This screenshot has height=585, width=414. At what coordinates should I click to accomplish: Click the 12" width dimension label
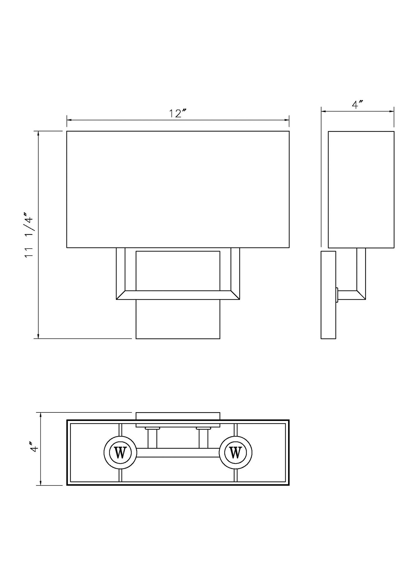[x=178, y=113]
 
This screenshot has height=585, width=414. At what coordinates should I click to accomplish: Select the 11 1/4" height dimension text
[x=30, y=235]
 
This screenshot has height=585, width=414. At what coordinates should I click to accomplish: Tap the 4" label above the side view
[x=357, y=105]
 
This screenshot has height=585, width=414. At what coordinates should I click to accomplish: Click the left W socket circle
[x=120, y=453]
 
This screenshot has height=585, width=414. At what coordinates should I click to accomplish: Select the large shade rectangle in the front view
[x=178, y=189]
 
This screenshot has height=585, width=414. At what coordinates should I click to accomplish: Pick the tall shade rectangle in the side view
[x=361, y=189]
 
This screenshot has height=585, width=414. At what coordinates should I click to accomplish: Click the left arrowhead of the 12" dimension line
[x=69, y=120]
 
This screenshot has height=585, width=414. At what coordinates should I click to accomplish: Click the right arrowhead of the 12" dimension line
[x=287, y=120]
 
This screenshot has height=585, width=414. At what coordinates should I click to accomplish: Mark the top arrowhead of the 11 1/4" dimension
[x=38, y=134]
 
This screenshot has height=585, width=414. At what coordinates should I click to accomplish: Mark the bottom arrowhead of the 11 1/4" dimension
[x=38, y=336]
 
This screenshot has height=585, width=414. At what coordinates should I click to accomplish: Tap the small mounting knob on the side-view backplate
[x=337, y=295]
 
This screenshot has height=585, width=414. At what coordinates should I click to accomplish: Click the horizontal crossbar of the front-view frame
[x=178, y=295]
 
